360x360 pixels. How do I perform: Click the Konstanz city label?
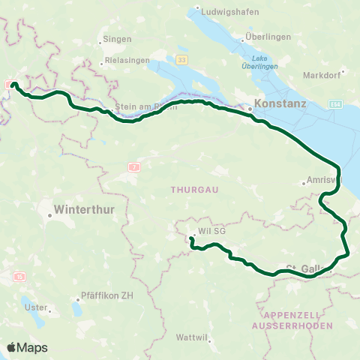click(x=280, y=104)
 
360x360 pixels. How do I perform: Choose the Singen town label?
click(x=119, y=38)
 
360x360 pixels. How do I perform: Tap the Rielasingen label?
click(x=127, y=60)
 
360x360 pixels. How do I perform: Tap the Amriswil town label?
click(x=323, y=182)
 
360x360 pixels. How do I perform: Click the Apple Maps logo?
click(x=26, y=347)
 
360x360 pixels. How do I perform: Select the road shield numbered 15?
click(x=19, y=277)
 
